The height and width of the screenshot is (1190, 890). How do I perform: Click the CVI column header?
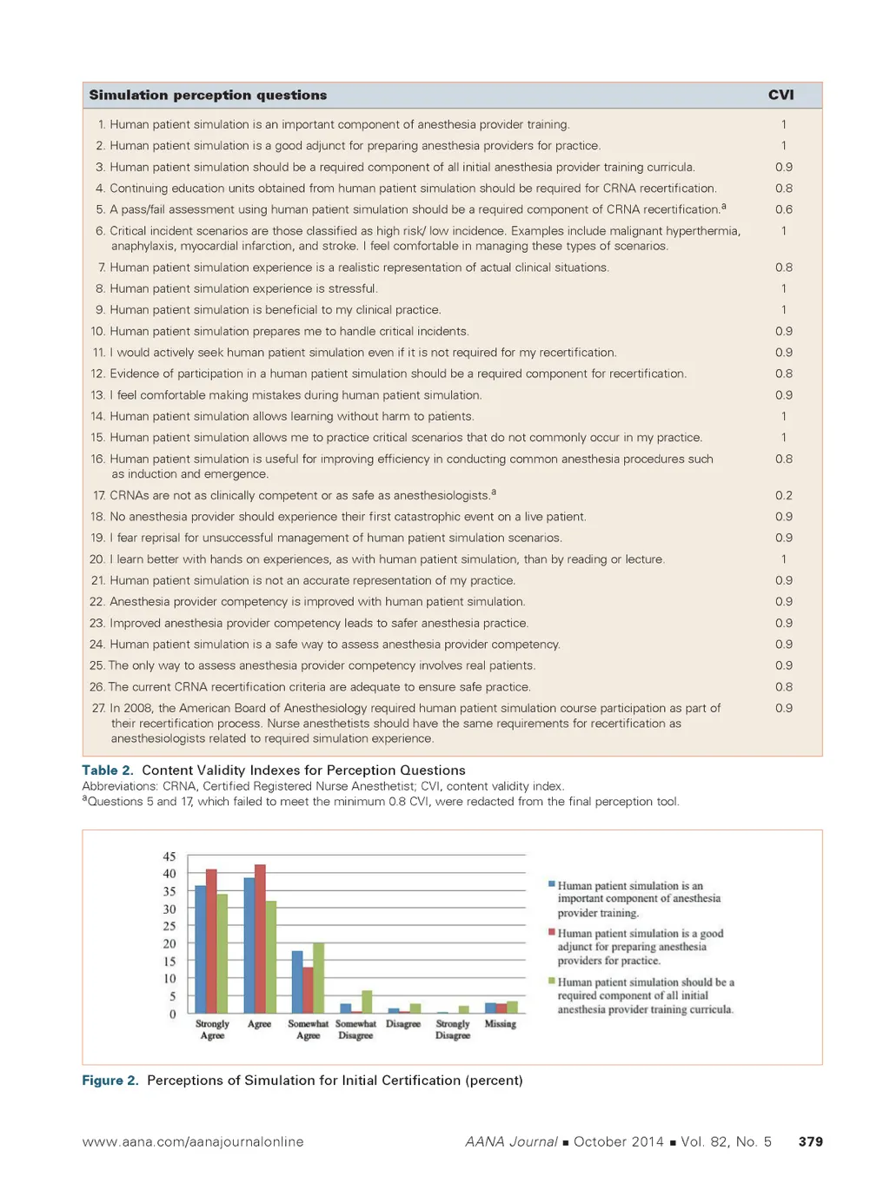[780, 96]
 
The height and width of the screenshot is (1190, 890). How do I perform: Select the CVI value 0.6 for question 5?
[783, 209]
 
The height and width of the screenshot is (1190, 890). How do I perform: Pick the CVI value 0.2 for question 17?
[783, 495]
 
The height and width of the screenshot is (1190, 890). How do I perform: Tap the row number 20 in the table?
[96, 559]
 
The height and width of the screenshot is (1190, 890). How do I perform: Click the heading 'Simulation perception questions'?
[208, 96]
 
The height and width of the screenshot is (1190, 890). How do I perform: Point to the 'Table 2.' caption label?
[108, 770]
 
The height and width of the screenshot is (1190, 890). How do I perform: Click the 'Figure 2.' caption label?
[110, 1081]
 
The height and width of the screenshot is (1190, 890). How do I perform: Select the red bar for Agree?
[260, 938]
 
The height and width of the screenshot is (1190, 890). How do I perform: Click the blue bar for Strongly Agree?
[201, 949]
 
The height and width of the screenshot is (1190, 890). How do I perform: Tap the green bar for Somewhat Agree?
[318, 978]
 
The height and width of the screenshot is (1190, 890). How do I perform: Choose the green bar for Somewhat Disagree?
[367, 1002]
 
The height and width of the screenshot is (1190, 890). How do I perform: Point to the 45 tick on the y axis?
[169, 856]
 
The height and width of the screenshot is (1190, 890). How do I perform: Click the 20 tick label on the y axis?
[169, 943]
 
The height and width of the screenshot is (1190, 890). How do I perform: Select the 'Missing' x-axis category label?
[500, 1024]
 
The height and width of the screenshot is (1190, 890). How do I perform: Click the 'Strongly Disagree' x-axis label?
[452, 1029]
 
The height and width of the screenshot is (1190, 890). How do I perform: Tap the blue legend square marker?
[552, 884]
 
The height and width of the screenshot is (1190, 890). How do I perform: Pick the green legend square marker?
[552, 981]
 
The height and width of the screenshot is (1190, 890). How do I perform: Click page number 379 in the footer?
[810, 1142]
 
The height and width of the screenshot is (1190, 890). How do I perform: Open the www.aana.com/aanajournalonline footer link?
[193, 1142]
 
